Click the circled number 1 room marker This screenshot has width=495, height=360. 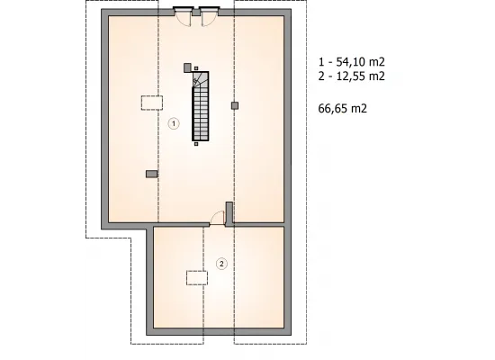tap(174, 123)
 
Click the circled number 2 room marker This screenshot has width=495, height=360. tap(221, 264)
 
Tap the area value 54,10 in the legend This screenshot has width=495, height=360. tap(350, 62)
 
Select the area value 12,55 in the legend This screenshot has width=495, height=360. tap(350, 76)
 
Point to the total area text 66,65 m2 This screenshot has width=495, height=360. tap(343, 108)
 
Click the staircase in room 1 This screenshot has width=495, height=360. tap(201, 106)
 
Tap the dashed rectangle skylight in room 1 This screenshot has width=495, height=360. tap(152, 103)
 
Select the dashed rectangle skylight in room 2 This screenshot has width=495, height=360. tap(197, 278)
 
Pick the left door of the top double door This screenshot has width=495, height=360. tap(183, 16)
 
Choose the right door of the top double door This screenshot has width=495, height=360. tap(209, 16)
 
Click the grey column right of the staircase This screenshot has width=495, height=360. tap(235, 105)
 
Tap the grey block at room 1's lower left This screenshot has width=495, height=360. tap(151, 174)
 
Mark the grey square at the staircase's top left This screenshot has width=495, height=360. tap(187, 67)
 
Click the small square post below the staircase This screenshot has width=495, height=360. tap(196, 144)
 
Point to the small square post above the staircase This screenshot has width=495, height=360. tap(196, 68)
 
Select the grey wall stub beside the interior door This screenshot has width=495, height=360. tap(229, 212)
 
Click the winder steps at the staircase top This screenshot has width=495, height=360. tap(201, 79)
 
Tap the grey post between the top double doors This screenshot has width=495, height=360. tap(196, 13)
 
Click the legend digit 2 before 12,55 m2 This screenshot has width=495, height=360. tap(321, 76)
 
